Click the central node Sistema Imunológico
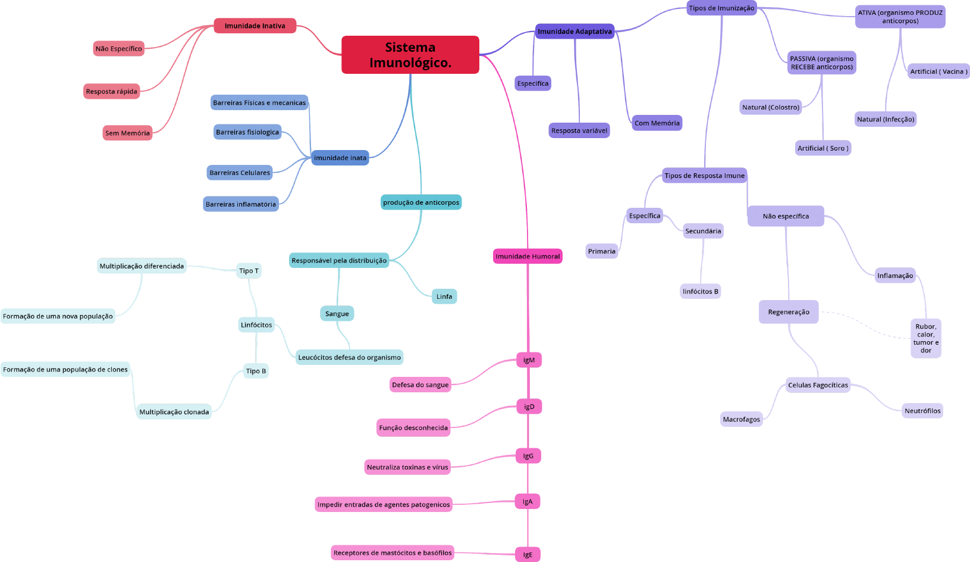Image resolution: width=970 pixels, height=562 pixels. click(410, 55)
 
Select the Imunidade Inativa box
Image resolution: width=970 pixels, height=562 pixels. click(255, 26)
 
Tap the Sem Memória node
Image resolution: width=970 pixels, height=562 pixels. click(127, 133)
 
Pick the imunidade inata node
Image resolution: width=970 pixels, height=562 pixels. click(340, 157)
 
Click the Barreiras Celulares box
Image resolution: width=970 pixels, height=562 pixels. click(240, 173)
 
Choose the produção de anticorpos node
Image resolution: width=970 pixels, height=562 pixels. click(421, 202)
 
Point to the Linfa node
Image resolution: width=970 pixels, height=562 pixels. click(444, 296)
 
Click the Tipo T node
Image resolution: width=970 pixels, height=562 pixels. click(249, 271)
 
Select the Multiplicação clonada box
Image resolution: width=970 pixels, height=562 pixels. click(174, 411)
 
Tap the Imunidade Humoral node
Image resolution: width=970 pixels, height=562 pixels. click(528, 256)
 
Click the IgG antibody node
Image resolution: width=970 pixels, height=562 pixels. click(528, 456)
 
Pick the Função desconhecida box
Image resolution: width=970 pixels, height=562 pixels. click(413, 427)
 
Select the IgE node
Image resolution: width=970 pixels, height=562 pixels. click(528, 554)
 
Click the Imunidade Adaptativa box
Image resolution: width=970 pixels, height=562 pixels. click(575, 31)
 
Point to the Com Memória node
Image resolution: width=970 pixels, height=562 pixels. click(657, 123)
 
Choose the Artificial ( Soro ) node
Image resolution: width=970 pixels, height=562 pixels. click(823, 148)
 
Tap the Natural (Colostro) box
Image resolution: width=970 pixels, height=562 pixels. click(771, 107)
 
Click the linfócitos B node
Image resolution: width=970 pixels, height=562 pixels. click(700, 291)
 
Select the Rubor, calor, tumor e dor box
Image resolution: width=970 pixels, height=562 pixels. click(926, 338)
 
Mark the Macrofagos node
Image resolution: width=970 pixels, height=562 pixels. click(742, 419)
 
